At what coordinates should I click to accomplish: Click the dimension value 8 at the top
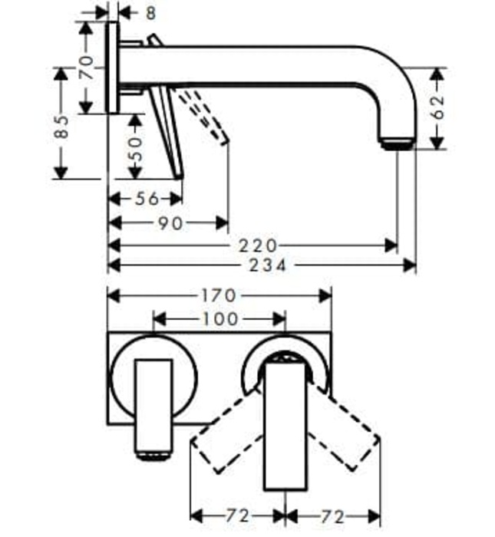tap(150, 12)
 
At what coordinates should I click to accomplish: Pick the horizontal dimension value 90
tap(170, 223)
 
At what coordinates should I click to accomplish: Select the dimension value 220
tap(256, 245)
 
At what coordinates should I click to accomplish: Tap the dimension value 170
tap(220, 295)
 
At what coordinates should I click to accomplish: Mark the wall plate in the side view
tap(113, 68)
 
